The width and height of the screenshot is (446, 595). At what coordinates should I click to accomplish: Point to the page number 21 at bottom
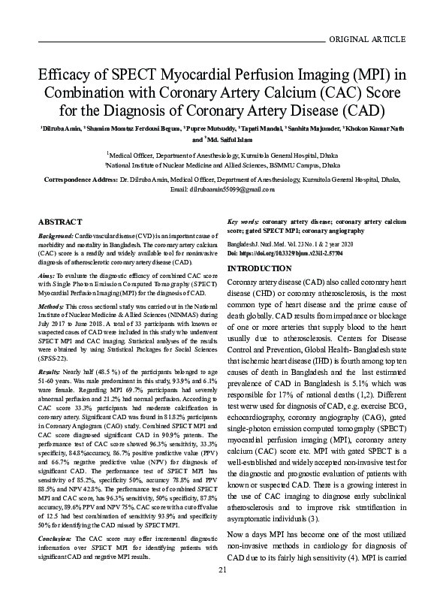point(222,571)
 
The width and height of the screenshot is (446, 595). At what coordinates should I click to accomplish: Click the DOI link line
point(274,255)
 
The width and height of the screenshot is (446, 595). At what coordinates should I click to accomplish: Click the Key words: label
point(243,223)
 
